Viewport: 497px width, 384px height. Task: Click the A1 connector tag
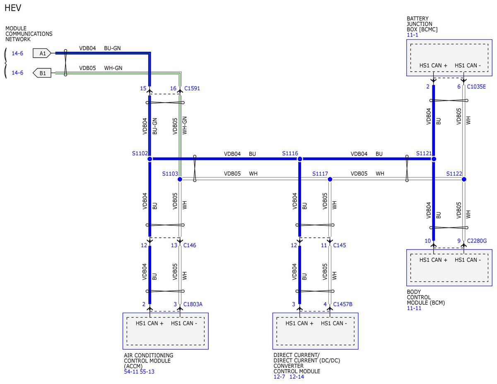tap(42, 53)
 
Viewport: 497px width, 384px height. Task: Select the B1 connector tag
tap(42, 73)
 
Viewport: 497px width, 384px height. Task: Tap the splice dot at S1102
tap(150, 159)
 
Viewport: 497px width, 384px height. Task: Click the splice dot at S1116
tap(299, 159)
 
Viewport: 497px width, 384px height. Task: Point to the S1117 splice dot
tap(330, 179)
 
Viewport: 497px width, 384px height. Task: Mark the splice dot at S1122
tap(464, 179)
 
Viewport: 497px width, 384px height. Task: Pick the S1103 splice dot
tap(180, 179)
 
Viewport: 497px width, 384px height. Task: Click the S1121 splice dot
tap(434, 159)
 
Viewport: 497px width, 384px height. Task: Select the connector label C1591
tap(192, 89)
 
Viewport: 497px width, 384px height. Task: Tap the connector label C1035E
tap(476, 87)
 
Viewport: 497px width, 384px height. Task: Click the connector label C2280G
tap(477, 241)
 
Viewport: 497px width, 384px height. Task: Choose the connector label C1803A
tap(193, 304)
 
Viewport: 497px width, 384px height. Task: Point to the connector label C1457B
tap(343, 304)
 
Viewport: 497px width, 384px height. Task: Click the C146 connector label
tap(190, 245)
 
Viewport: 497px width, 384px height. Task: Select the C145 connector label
tap(340, 245)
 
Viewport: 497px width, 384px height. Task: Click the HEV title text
tap(13, 8)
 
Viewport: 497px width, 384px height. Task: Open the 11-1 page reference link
tap(413, 35)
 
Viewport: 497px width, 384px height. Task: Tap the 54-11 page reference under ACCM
tap(131, 372)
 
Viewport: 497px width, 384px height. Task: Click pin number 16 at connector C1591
tap(173, 89)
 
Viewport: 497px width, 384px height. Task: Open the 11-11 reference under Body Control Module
tap(414, 308)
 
